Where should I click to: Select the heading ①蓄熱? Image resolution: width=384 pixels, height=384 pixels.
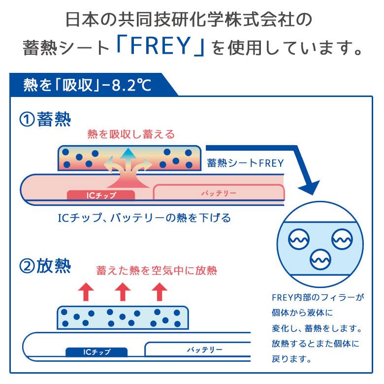point(45,120)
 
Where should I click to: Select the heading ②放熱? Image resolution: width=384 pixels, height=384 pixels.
point(45,267)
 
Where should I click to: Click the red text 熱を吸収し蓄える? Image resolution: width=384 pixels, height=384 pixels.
point(131,134)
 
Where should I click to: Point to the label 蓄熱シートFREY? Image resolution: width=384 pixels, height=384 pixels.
point(245,163)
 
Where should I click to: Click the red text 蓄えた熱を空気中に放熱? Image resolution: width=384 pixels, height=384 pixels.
point(157,270)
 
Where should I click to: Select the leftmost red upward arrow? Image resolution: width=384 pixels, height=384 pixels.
point(87,292)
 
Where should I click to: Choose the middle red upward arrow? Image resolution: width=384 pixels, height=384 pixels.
point(122,292)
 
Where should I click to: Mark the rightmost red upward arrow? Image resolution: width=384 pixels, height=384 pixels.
point(158,292)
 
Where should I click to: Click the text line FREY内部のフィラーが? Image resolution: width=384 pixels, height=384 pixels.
point(317,298)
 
